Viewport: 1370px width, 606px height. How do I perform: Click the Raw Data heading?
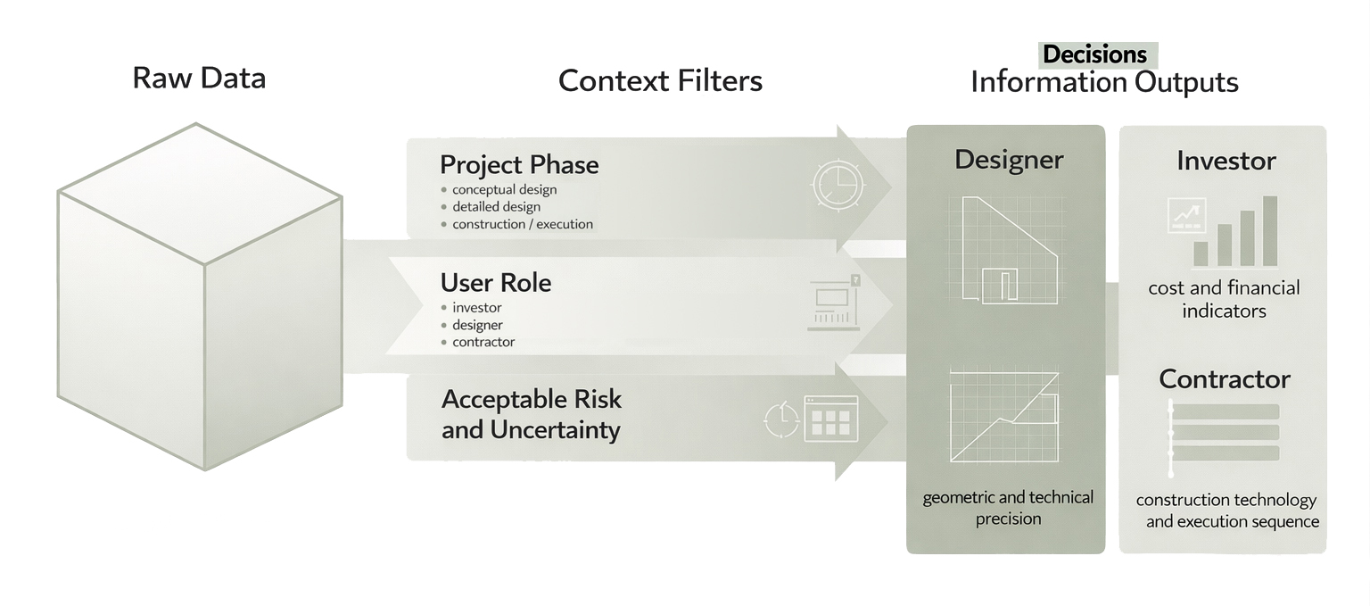(x=199, y=78)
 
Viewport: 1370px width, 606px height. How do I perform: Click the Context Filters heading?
(x=660, y=81)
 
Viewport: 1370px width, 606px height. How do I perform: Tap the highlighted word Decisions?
(x=1095, y=54)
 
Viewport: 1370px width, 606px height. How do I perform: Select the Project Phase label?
(x=519, y=165)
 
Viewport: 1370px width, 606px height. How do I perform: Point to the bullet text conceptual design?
(x=504, y=189)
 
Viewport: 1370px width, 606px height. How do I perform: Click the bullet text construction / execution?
(x=522, y=224)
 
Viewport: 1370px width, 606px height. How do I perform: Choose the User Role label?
(x=496, y=283)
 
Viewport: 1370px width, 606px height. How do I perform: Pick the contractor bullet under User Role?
(x=483, y=342)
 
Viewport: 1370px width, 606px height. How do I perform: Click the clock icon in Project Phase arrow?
(x=838, y=186)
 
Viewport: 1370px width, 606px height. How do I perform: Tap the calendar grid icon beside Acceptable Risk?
(x=830, y=419)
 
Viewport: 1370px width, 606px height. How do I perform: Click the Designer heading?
(x=1009, y=160)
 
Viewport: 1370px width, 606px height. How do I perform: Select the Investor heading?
(x=1226, y=161)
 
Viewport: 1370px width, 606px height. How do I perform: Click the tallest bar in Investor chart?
(x=1270, y=231)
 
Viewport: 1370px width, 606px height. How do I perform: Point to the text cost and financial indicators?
(x=1224, y=299)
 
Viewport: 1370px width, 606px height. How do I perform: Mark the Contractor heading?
(x=1225, y=379)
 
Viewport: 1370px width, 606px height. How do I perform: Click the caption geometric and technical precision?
(x=1008, y=508)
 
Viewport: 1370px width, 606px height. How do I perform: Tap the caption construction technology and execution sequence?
(x=1227, y=511)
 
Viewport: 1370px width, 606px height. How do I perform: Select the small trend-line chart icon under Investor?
(x=1186, y=215)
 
